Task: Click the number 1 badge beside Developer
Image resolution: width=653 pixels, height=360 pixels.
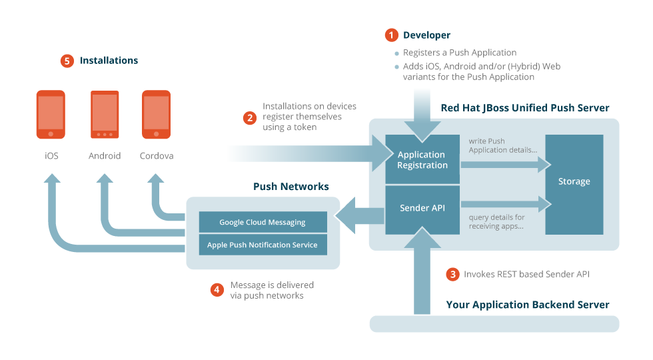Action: (x=391, y=35)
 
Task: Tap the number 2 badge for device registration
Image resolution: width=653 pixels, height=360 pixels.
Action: (x=250, y=118)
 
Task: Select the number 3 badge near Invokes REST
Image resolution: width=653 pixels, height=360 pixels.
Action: (x=453, y=274)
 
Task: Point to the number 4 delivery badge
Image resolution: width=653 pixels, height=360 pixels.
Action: (x=217, y=290)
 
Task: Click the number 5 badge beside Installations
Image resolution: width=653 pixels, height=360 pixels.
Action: (x=67, y=61)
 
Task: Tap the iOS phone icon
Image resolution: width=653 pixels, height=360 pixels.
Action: (x=51, y=115)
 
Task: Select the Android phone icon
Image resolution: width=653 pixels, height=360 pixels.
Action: (x=105, y=115)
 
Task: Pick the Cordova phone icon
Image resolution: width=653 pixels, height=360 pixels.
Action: (x=157, y=115)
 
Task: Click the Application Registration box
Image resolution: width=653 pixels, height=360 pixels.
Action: (x=422, y=160)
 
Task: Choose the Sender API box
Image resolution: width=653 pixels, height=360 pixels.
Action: (x=422, y=209)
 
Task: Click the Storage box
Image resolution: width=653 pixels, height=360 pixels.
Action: (x=574, y=182)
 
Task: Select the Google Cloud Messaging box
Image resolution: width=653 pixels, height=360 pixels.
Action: (x=263, y=222)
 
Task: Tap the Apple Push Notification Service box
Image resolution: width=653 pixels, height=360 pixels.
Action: (x=263, y=245)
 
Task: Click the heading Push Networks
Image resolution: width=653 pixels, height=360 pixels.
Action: (x=291, y=187)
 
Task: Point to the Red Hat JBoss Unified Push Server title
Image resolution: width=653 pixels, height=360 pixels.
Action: (x=525, y=108)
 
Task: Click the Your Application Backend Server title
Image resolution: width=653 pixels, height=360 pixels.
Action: (x=528, y=305)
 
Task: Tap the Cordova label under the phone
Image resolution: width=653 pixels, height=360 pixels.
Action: (x=157, y=156)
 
